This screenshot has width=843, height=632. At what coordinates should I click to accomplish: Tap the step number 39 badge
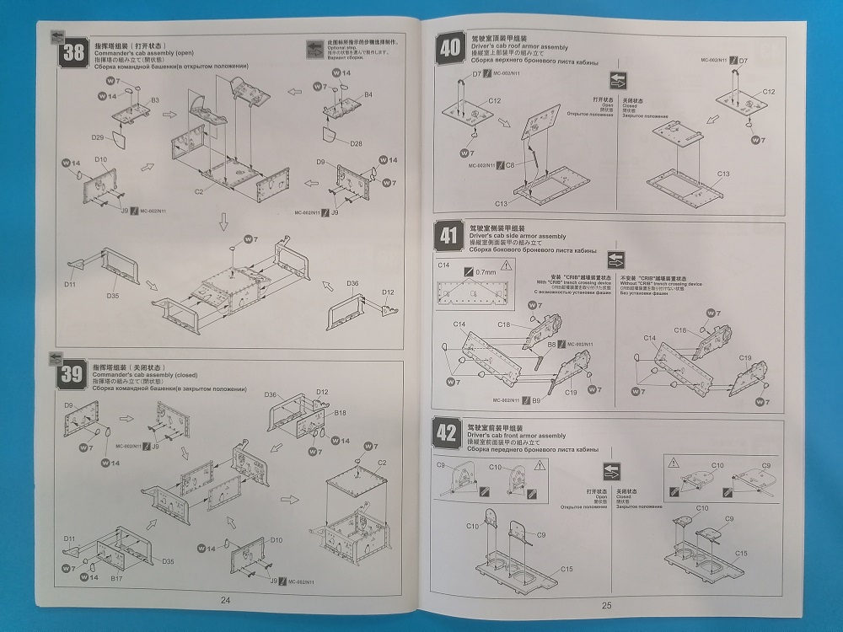click(x=72, y=373)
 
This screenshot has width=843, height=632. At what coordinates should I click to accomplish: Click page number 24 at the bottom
click(x=225, y=600)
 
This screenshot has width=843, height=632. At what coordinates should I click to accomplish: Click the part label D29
click(x=98, y=137)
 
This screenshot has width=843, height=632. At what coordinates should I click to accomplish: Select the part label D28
click(x=355, y=144)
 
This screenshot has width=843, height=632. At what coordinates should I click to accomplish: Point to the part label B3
click(x=155, y=100)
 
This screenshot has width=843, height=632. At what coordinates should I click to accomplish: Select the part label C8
click(x=511, y=165)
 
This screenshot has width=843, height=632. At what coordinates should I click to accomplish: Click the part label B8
click(x=551, y=345)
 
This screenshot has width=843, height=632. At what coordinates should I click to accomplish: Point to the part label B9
click(x=537, y=399)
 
